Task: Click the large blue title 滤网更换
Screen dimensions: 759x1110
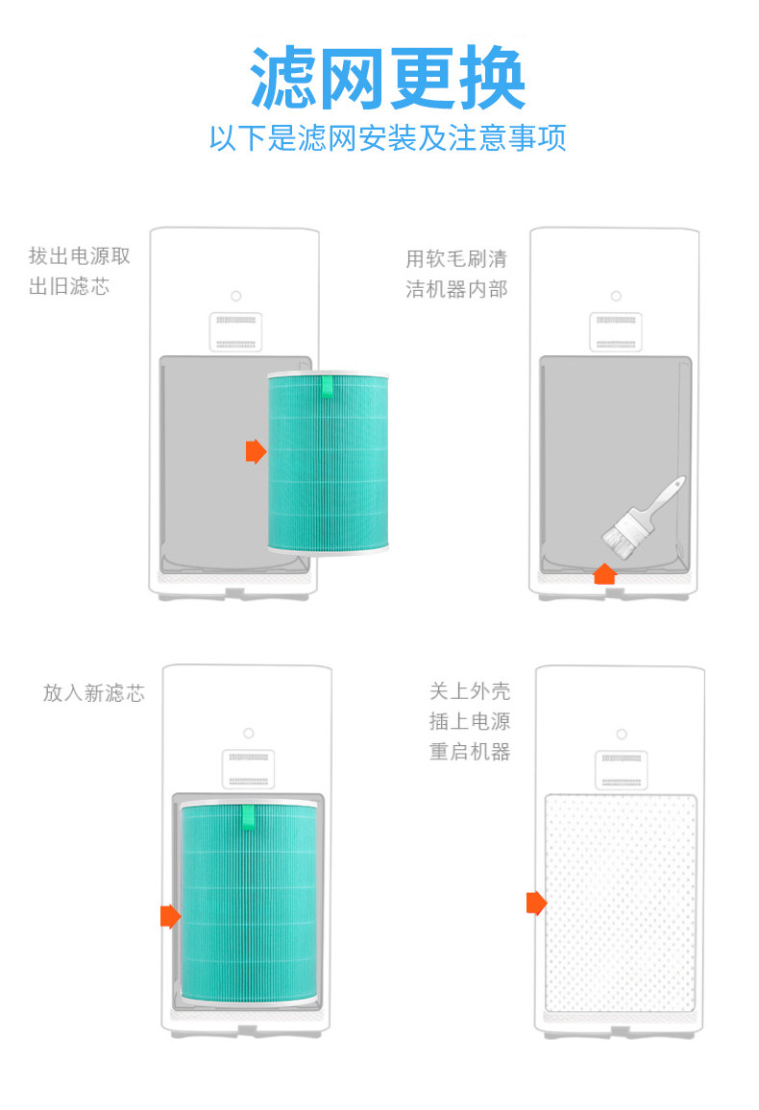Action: pos(387,77)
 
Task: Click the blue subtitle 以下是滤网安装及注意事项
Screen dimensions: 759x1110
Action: pos(387,137)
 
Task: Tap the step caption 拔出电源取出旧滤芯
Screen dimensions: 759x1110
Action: pos(80,271)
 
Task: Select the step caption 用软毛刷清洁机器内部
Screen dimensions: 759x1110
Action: pos(456,274)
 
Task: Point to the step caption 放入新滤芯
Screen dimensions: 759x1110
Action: pos(94,692)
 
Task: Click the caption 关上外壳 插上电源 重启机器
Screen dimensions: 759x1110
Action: pos(470,721)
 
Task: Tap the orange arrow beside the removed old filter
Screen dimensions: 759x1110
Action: pos(256,451)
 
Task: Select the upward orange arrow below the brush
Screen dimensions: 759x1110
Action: pos(604,573)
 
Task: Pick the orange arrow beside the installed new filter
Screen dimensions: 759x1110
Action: pos(171,915)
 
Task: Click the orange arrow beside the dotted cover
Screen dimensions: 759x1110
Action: pos(537,903)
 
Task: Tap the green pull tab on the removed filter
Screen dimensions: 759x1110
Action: pos(327,386)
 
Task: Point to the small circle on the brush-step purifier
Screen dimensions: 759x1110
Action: pos(616,296)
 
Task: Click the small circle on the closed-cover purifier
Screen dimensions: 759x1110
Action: pos(622,735)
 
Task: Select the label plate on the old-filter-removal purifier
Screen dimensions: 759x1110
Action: pos(235,332)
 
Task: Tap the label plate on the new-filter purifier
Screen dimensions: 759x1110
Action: pos(249,769)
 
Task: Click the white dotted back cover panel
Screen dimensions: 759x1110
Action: pos(621,904)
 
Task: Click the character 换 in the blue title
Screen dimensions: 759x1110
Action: pos(492,77)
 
